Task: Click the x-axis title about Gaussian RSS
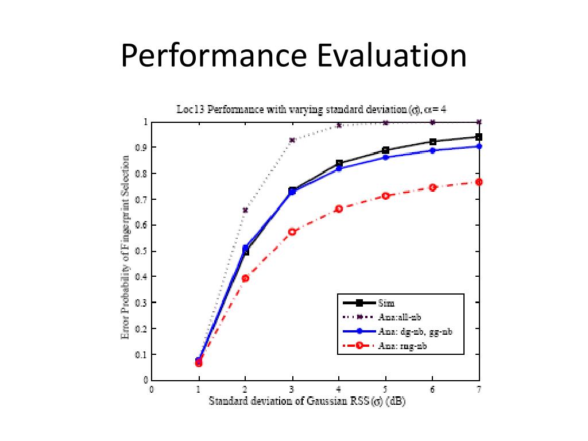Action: (307, 401)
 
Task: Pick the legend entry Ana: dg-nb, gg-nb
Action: (411, 331)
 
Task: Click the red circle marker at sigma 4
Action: (339, 208)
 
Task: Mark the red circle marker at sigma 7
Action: (478, 182)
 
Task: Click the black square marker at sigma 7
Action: (478, 137)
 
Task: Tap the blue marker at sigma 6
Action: (432, 150)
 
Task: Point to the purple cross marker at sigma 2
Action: (245, 210)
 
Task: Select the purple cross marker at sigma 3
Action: (292, 140)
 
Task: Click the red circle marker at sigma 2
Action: (245, 278)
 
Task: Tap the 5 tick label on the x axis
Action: (386, 389)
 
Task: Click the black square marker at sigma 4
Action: (339, 164)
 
